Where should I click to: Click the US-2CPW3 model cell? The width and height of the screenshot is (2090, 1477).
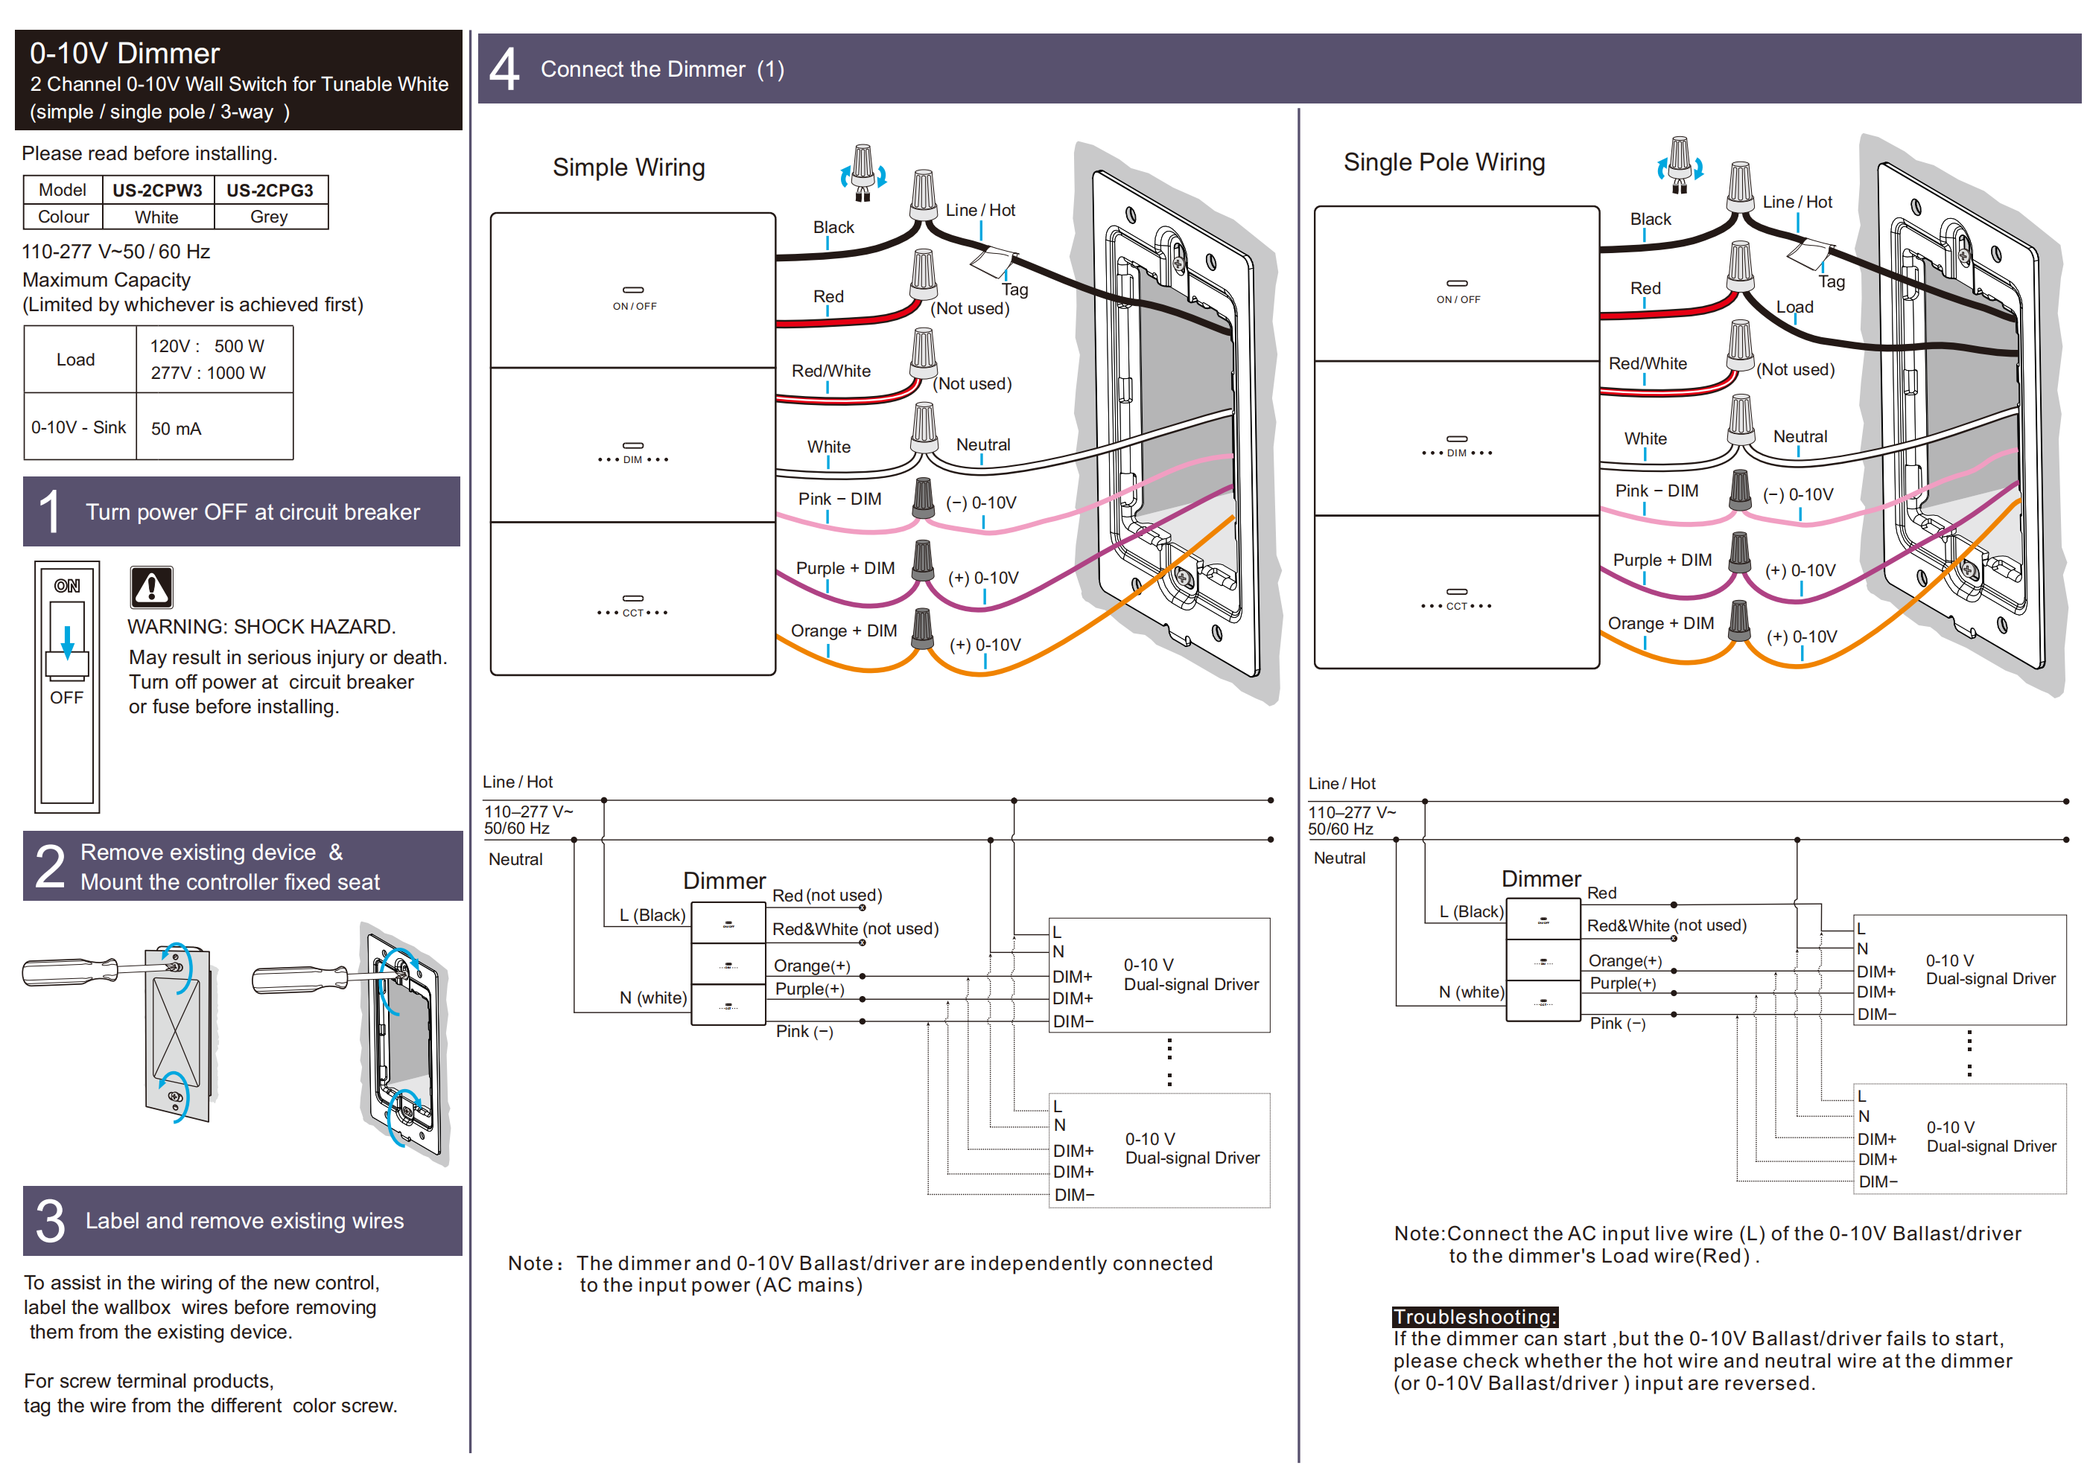[157, 190]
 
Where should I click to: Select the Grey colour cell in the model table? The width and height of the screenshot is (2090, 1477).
[269, 217]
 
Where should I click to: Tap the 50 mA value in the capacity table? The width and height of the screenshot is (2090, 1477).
[176, 429]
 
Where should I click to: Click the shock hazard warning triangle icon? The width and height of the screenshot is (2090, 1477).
[151, 588]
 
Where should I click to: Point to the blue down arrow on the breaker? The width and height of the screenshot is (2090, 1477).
[67, 642]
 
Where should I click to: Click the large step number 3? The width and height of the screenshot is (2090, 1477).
[50, 1220]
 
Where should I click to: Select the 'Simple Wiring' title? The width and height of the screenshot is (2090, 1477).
[628, 168]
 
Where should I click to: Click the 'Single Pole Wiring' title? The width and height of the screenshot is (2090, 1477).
[1443, 162]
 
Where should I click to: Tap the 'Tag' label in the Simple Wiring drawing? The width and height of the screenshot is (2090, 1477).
[1014, 290]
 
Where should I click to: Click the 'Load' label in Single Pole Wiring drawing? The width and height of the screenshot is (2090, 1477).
[1794, 307]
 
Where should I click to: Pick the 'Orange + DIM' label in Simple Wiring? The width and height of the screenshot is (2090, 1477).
[843, 631]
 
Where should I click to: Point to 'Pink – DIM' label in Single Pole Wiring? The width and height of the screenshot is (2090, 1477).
[1656, 491]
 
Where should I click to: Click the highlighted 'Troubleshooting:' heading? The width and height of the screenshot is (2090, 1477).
[1475, 1316]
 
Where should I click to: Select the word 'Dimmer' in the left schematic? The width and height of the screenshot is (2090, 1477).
[724, 881]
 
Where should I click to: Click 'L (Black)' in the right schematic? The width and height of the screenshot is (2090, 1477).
[1470, 912]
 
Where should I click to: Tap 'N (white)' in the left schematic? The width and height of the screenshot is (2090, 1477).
[652, 998]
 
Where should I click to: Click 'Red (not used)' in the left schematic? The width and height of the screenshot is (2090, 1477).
[827, 896]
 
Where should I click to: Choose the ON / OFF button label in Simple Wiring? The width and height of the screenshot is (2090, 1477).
[634, 306]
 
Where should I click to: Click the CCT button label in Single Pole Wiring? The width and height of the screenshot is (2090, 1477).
[1456, 606]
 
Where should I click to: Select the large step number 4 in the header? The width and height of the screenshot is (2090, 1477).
[504, 69]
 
